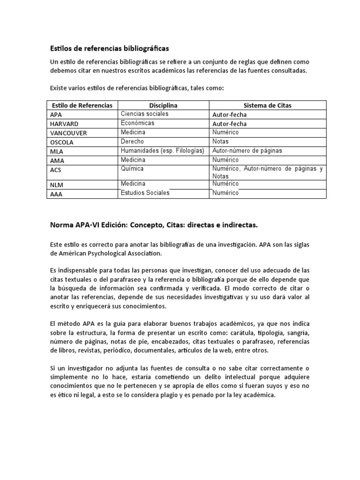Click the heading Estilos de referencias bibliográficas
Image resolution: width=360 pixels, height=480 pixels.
click(x=109, y=48)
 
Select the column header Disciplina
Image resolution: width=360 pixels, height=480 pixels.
click(x=163, y=105)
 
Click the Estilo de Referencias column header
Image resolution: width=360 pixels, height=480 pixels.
click(x=82, y=105)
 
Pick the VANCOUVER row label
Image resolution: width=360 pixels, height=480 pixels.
click(x=68, y=133)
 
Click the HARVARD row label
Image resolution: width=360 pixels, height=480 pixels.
click(x=64, y=124)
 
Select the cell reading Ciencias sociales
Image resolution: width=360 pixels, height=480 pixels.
click(x=144, y=114)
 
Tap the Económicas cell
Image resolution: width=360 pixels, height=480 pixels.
click(x=137, y=123)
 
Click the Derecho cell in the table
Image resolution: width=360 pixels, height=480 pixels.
click(x=132, y=142)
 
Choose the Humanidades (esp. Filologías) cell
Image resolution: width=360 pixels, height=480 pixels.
click(x=162, y=150)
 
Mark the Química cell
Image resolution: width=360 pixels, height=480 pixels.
click(x=132, y=168)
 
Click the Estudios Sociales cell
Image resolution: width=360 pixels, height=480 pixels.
click(x=145, y=193)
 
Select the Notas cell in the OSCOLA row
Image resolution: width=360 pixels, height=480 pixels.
click(x=220, y=142)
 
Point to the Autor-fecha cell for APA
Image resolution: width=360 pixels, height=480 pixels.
click(x=230, y=115)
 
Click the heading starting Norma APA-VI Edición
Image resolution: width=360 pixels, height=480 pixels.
click(x=154, y=225)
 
